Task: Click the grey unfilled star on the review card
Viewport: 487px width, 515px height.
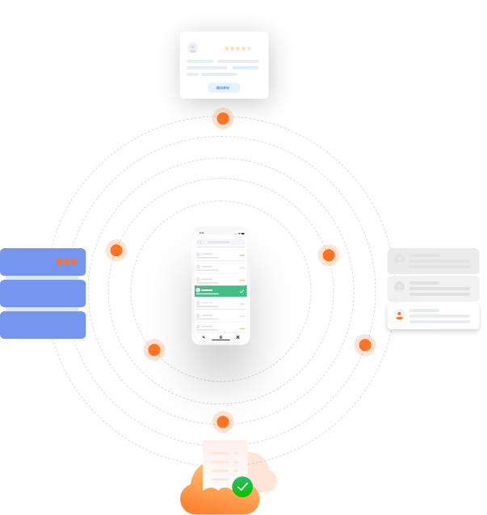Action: (x=249, y=49)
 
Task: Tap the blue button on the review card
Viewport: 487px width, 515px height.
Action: (x=224, y=87)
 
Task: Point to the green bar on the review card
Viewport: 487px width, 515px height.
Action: (x=200, y=61)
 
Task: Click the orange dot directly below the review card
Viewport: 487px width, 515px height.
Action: (x=223, y=119)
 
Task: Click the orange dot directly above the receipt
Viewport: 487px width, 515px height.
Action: (x=223, y=422)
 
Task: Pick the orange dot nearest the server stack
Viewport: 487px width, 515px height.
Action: (x=116, y=250)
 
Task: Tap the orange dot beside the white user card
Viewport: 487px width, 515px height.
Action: (x=365, y=345)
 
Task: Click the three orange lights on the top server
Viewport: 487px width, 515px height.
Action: (x=66, y=261)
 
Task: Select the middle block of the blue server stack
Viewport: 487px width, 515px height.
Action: (x=43, y=293)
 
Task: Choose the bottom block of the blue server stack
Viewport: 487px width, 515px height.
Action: (x=43, y=325)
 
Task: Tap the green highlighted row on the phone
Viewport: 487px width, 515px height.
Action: (x=220, y=290)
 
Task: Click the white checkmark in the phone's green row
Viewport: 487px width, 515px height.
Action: (x=241, y=290)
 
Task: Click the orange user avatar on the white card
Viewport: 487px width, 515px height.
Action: (x=399, y=315)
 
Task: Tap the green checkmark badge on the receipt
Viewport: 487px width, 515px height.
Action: (x=242, y=487)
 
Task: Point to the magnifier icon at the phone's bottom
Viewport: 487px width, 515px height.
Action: (x=204, y=337)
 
